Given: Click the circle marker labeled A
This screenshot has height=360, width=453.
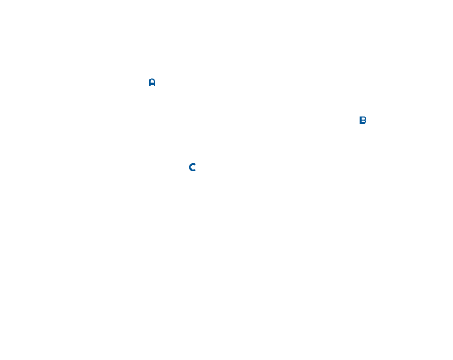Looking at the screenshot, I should click(x=151, y=82).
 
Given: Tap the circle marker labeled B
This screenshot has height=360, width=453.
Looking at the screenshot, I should click(x=362, y=120).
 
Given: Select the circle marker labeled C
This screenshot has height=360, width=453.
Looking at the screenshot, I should click(x=192, y=167).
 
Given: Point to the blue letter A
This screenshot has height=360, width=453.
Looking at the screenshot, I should click(x=151, y=82).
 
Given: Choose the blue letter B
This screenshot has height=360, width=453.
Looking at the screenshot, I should click(x=362, y=120).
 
